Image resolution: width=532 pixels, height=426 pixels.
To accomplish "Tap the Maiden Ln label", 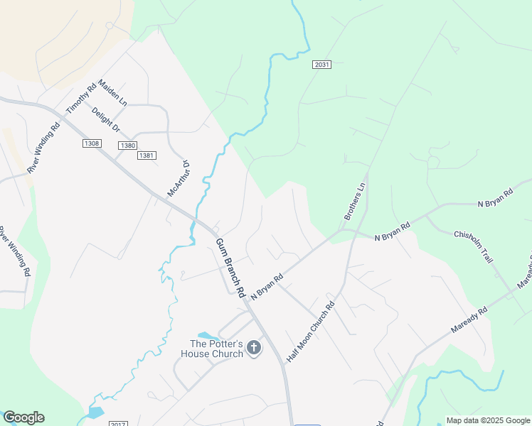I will pyautogui.click(x=112, y=92).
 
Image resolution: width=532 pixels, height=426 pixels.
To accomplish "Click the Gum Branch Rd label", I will pyautogui.click(x=230, y=267).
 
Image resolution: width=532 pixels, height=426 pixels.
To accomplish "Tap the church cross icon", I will pyautogui.click(x=254, y=348).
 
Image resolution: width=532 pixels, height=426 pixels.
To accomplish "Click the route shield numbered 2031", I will pyautogui.click(x=321, y=65).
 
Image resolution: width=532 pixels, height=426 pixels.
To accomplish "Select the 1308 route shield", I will pyautogui.click(x=91, y=143).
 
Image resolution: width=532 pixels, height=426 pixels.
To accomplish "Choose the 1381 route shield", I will pyautogui.click(x=147, y=155).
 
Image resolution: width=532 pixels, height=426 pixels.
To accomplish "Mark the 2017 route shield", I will pyautogui.click(x=119, y=424).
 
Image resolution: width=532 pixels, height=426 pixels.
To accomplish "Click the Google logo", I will pyautogui.click(x=23, y=417).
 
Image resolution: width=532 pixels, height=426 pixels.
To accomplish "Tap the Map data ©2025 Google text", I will pyautogui.click(x=488, y=420).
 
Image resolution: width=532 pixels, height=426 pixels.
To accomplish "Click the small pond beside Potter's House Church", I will pyautogui.click(x=206, y=335).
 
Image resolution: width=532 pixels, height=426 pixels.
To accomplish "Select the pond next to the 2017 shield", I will pyautogui.click(x=95, y=413).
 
